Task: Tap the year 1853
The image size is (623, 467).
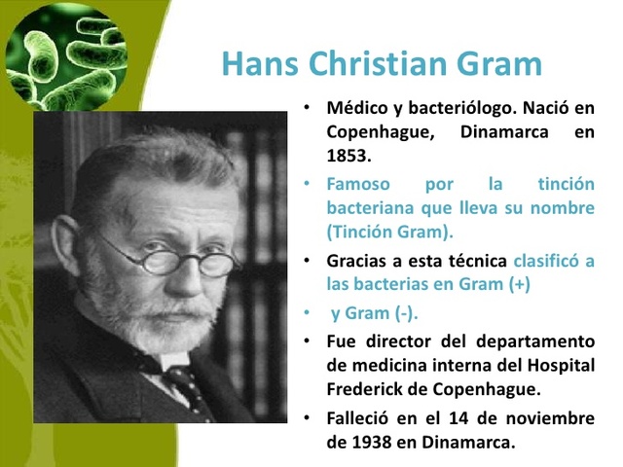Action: (348, 155)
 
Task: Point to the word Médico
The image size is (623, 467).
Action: (358, 107)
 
